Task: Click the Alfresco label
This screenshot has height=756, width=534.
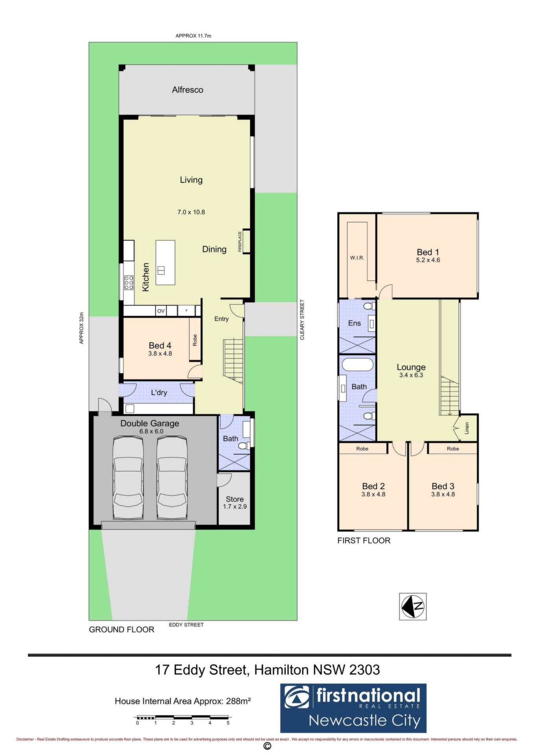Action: click(x=187, y=90)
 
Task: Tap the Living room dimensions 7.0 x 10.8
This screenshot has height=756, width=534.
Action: click(x=191, y=212)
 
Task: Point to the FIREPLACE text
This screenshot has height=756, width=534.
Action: click(x=240, y=241)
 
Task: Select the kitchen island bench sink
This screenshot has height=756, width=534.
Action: click(x=161, y=270)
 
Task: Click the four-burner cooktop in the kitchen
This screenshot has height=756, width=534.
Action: click(x=129, y=282)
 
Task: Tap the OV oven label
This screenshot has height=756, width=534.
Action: click(x=161, y=311)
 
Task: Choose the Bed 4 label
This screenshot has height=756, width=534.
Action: click(x=160, y=345)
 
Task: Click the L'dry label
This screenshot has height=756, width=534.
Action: click(x=159, y=392)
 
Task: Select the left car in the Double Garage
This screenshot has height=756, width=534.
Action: click(x=128, y=478)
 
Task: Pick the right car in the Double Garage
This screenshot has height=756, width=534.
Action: click(x=172, y=478)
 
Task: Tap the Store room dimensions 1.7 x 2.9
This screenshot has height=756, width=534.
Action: click(x=235, y=506)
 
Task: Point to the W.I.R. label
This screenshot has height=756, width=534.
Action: click(x=357, y=258)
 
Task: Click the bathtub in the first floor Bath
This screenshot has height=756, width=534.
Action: click(x=357, y=364)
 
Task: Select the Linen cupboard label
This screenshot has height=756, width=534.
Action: click(x=467, y=428)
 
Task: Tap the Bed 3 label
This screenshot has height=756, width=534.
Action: click(x=443, y=486)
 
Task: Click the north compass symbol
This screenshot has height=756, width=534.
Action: click(x=413, y=606)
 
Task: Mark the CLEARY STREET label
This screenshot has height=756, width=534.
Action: click(x=302, y=320)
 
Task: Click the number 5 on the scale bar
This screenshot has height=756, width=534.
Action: click(x=228, y=723)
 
